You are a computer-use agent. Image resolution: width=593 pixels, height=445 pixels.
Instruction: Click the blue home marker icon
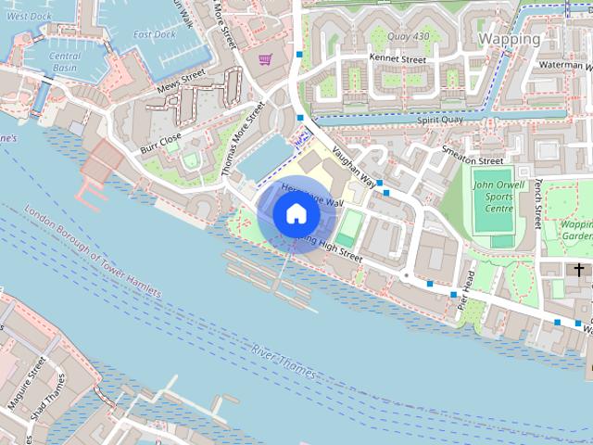coord(296,214)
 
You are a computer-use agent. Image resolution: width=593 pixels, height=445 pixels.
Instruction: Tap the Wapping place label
coord(510,39)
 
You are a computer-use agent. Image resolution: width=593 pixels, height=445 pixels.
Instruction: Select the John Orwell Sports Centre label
coord(492,197)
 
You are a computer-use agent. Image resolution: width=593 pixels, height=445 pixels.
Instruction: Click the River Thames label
coord(283,361)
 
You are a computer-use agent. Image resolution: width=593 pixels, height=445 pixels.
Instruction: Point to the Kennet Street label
coord(397,58)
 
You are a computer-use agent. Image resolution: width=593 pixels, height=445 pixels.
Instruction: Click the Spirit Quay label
coord(439,120)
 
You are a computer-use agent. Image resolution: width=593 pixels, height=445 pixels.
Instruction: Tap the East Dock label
coord(154,34)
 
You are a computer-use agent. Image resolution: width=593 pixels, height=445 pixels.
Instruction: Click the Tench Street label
coord(537,205)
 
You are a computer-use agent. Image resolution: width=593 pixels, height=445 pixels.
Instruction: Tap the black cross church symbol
coord(579,270)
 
